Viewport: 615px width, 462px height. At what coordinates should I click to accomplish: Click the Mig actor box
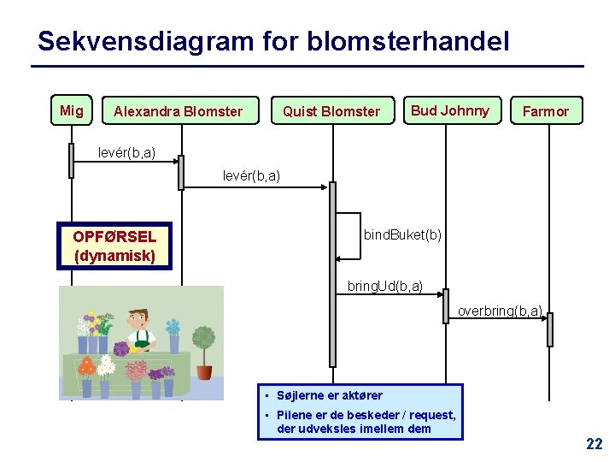72,110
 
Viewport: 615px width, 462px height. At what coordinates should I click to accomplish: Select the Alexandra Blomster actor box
179,111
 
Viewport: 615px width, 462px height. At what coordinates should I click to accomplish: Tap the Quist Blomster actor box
331,111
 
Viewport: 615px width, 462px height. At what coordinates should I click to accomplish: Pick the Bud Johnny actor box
450,110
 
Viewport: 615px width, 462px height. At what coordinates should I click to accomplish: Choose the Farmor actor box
545,111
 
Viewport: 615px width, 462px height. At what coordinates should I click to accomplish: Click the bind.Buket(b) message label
402,234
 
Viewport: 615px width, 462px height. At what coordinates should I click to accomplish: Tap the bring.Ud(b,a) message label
385,286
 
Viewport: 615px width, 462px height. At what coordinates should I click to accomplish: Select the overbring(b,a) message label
500,311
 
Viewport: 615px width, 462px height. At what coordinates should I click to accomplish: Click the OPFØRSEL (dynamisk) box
114,246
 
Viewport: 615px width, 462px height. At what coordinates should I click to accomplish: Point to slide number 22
594,443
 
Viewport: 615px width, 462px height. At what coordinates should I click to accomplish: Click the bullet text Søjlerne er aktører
330,395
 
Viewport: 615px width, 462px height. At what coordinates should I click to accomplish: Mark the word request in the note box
433,415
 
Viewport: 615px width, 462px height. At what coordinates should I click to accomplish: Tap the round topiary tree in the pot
203,342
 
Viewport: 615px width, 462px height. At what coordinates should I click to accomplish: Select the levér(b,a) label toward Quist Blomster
251,175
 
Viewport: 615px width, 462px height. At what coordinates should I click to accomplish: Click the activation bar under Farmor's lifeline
550,329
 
